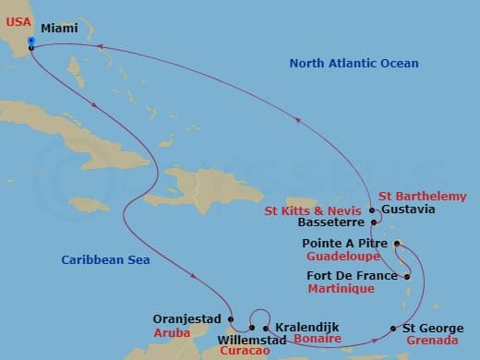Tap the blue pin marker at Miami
point(30,42)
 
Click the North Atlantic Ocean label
point(354,64)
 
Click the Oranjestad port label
point(187,319)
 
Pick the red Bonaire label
point(317,340)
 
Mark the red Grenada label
point(430,340)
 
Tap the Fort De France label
point(351,276)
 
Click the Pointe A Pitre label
point(346,244)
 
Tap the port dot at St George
point(394,329)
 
